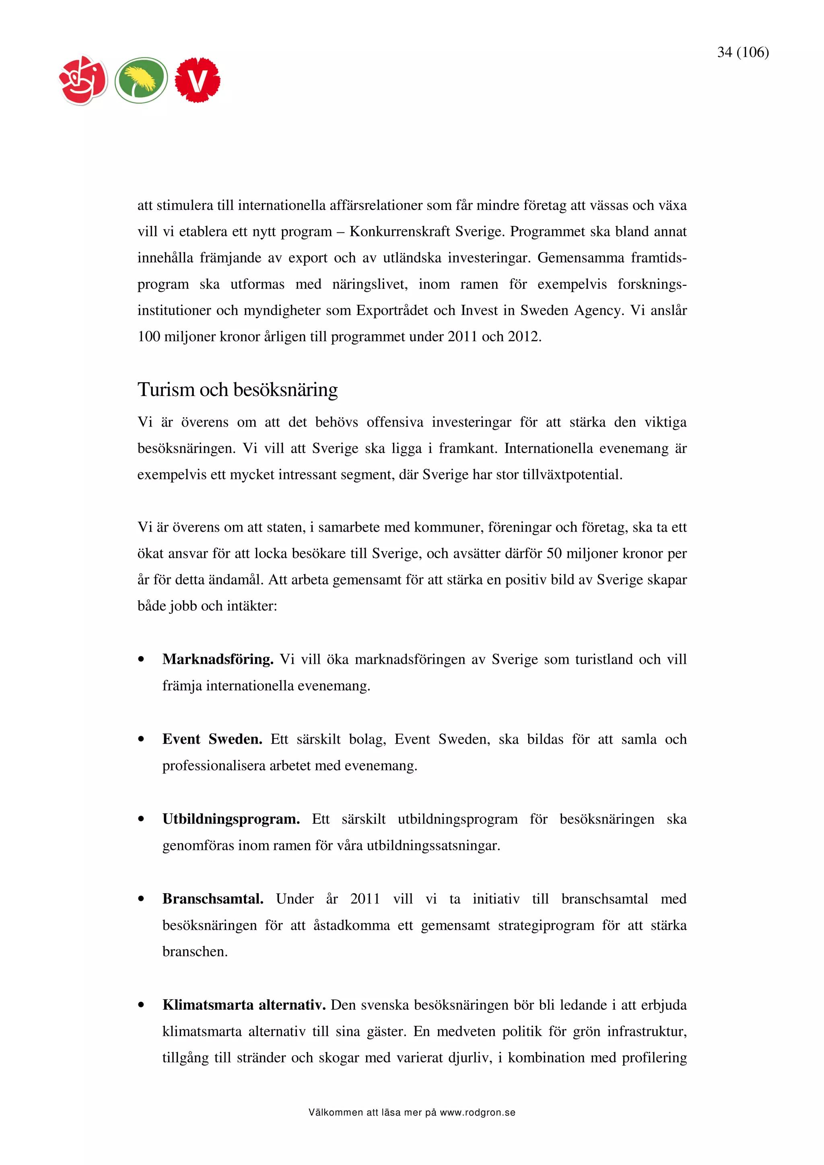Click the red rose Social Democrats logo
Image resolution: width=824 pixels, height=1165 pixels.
pyautogui.click(x=83, y=80)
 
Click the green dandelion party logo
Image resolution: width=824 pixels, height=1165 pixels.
pyautogui.click(x=141, y=80)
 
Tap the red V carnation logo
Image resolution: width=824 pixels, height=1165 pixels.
pyautogui.click(x=198, y=80)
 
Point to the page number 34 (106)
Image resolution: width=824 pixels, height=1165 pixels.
pyautogui.click(x=742, y=52)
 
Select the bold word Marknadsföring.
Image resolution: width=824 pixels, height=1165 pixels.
pyautogui.click(x=218, y=659)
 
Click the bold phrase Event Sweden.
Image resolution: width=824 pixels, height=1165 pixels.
pyautogui.click(x=212, y=739)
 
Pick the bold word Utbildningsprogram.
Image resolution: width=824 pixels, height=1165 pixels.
pyautogui.click(x=231, y=819)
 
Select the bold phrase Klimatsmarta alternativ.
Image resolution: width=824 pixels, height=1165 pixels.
pyautogui.click(x=244, y=1005)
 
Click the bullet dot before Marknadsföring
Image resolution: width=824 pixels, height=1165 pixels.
pyautogui.click(x=141, y=660)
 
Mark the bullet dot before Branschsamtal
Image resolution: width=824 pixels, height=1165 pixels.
pyautogui.click(x=141, y=899)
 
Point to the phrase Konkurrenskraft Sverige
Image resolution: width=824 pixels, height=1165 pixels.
pyautogui.click(x=426, y=232)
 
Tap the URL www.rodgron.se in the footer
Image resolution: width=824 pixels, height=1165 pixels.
pyautogui.click(x=477, y=1113)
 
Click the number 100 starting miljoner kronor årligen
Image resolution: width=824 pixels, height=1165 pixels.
pyautogui.click(x=149, y=336)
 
